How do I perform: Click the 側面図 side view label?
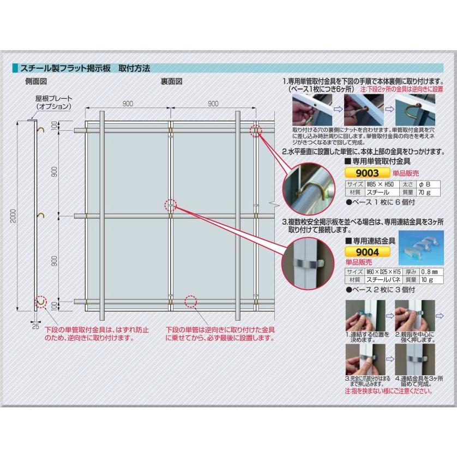(x=35, y=80)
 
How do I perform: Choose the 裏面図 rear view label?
(x=171, y=80)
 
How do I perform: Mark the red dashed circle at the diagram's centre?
(x=171, y=205)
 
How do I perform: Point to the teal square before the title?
(x=16, y=68)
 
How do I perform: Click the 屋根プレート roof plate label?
(x=53, y=103)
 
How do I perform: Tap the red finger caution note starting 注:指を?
(x=389, y=391)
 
